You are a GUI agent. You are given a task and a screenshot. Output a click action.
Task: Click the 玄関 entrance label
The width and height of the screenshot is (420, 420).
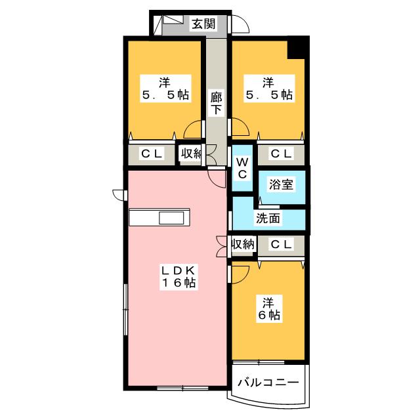203,24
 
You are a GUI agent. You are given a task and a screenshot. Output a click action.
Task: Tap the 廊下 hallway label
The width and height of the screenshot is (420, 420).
216,103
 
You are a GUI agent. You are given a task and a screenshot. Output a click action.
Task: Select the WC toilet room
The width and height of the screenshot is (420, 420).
241,167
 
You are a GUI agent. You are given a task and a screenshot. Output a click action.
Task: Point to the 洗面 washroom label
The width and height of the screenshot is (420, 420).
268,219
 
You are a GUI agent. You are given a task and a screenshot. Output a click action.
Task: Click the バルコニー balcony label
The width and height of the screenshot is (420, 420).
267,382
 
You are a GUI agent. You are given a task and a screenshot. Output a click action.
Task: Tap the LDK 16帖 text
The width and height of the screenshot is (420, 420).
178,276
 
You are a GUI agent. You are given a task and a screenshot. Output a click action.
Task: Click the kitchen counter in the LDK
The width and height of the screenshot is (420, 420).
160,217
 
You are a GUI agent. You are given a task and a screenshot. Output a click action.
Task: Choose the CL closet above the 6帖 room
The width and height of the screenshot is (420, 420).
281,245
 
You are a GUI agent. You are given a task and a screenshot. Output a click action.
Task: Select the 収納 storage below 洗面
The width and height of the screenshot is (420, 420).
242,245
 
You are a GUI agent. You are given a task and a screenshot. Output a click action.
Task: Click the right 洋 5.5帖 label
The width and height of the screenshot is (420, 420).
268,89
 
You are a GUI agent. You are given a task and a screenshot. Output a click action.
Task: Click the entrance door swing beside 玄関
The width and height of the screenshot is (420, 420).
241,25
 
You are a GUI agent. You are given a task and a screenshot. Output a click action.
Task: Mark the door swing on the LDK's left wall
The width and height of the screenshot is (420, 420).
119,195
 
